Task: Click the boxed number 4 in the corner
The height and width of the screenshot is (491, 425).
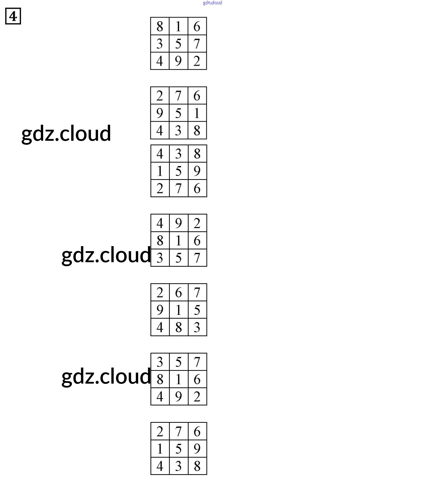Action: [x=13, y=16]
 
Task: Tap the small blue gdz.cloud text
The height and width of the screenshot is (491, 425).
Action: [x=212, y=3]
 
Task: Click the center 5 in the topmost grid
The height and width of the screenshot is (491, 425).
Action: [x=178, y=44]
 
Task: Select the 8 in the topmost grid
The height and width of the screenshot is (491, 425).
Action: [x=160, y=26]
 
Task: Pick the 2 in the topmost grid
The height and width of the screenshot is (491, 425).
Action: [x=197, y=61]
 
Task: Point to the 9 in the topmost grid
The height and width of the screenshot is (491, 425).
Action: [x=178, y=61]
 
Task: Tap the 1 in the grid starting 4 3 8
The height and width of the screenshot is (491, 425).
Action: [x=160, y=171]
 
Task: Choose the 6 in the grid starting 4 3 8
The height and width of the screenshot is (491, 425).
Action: [x=197, y=188]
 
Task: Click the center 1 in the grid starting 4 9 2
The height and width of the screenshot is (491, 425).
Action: [x=178, y=241]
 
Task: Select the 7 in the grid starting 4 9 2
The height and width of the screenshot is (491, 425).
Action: [x=197, y=258]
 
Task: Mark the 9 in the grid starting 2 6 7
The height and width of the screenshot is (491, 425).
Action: [x=160, y=310]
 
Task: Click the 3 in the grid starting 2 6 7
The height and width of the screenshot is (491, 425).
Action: [x=197, y=327]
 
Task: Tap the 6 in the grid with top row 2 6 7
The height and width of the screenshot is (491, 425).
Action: [x=178, y=293]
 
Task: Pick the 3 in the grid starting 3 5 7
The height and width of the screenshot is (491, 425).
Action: [x=160, y=362]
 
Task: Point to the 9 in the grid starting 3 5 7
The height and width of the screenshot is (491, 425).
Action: [x=178, y=397]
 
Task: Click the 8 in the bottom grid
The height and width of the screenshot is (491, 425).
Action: [x=197, y=466]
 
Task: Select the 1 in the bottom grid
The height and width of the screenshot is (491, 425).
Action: [x=160, y=449]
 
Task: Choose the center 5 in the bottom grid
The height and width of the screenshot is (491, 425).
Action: [x=178, y=449]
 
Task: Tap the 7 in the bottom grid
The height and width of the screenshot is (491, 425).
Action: [x=178, y=432]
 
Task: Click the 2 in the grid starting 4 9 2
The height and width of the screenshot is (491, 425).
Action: [x=197, y=223]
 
